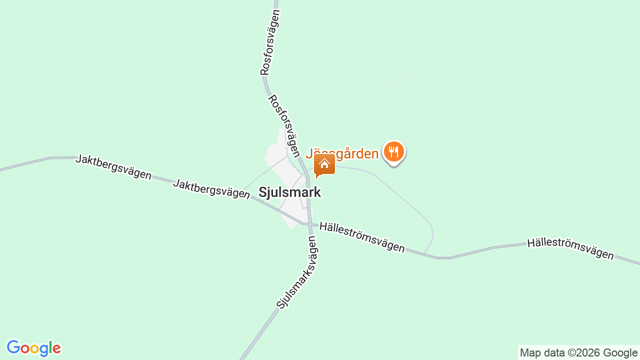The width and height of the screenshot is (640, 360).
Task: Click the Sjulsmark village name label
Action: tap(289, 192)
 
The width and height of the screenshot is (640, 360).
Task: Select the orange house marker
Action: tap(324, 164)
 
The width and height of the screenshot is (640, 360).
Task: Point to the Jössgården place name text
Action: tap(342, 153)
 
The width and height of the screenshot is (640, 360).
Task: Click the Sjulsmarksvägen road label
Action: tap(297, 272)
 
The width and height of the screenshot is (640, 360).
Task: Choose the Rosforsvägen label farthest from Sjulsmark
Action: tap(269, 42)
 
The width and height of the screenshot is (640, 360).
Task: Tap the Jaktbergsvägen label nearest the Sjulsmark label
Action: tap(211, 188)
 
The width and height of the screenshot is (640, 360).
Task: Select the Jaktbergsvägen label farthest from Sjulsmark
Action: tap(113, 166)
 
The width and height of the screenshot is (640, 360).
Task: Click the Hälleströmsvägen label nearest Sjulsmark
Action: tap(362, 237)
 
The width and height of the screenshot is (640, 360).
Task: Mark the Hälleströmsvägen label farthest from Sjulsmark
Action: tap(570, 249)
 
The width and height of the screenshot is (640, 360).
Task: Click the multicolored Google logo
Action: tap(33, 348)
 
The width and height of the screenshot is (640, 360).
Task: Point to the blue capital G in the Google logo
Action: tap(13, 348)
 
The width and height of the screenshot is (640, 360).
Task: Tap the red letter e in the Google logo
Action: tap(56, 348)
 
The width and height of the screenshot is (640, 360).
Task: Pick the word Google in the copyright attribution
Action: tap(620, 352)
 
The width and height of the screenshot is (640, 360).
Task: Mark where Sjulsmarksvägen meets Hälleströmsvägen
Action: tap(310, 224)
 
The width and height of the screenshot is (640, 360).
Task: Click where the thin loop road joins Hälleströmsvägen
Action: tap(424, 253)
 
